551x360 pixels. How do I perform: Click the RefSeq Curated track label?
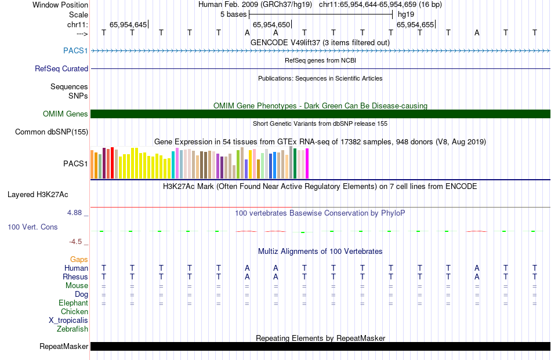pyautogui.click(x=61, y=68)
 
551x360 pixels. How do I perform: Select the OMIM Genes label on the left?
pyautogui.click(x=66, y=114)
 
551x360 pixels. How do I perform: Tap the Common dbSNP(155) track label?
pyautogui.click(x=52, y=132)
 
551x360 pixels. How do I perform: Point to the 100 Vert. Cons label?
pyautogui.click(x=32, y=227)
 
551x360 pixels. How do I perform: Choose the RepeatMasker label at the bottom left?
pyautogui.click(x=64, y=347)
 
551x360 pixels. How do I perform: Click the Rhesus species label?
pyautogui.click(x=75, y=277)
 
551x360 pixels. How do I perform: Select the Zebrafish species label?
pyautogui.click(x=72, y=329)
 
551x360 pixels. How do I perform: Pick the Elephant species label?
pyautogui.click(x=74, y=303)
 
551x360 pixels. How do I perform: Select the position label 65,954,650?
pyautogui.click(x=271, y=24)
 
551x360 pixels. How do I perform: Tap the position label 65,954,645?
pyautogui.click(x=128, y=24)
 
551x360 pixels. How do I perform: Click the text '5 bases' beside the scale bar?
pyautogui.click(x=234, y=14)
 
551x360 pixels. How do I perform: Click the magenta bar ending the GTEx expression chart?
pyautogui.click(x=307, y=163)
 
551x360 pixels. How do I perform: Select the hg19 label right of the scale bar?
pyautogui.click(x=406, y=14)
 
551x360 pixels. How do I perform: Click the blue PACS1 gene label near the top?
pyautogui.click(x=76, y=50)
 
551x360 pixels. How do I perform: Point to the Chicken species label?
pyautogui.click(x=74, y=311)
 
